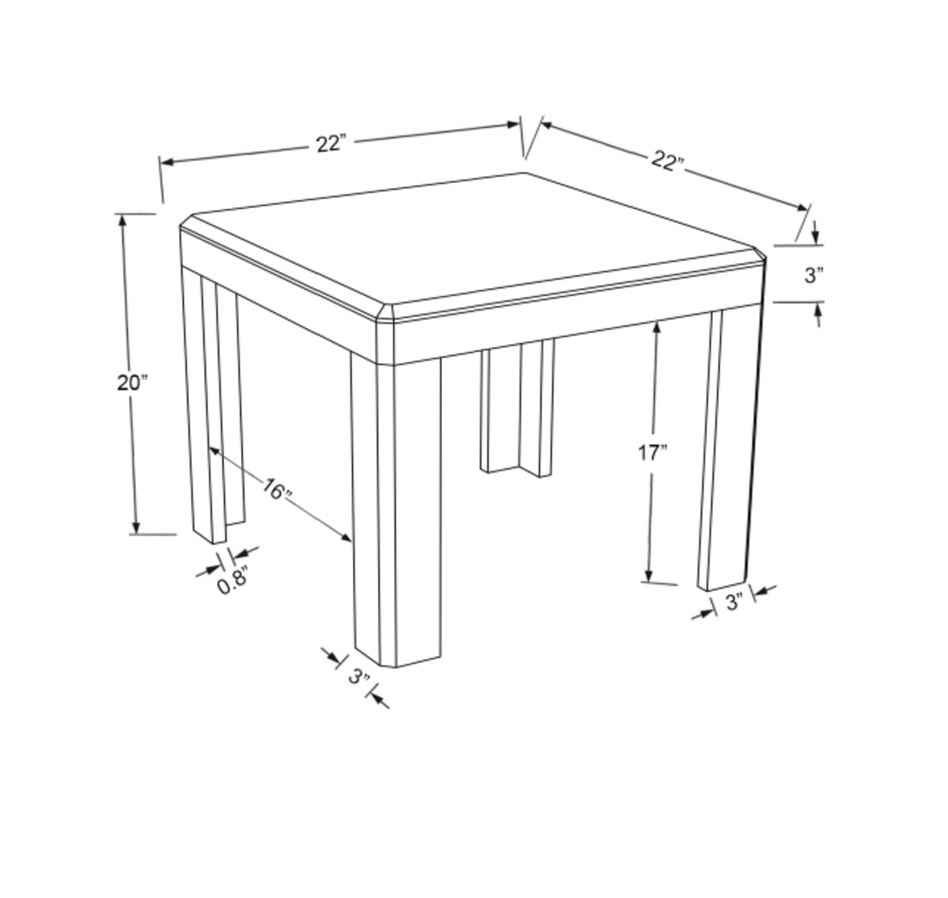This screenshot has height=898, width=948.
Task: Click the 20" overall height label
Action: coord(132,382)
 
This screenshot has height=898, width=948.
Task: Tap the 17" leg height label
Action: coord(652,452)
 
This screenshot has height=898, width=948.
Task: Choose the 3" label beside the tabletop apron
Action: coord(813,275)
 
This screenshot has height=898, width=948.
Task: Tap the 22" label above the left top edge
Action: coord(329,144)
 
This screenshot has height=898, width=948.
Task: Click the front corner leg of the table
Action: coord(397,513)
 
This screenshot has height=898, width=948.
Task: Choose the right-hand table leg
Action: coord(728,445)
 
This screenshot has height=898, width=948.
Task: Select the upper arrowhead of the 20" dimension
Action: coord(123,220)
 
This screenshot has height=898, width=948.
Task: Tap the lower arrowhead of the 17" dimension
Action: coord(650,576)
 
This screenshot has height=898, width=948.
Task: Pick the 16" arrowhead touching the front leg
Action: coord(346,537)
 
